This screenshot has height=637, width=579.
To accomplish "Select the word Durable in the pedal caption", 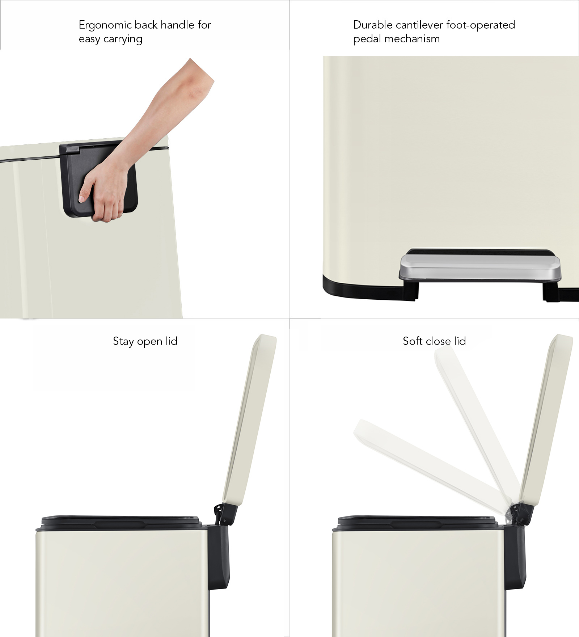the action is click(373, 25).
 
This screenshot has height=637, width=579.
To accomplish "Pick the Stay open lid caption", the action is click(145, 341).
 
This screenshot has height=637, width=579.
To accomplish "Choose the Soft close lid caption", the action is click(434, 341).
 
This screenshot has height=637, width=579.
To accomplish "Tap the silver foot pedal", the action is click(480, 267).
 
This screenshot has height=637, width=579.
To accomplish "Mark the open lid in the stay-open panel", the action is click(250, 420).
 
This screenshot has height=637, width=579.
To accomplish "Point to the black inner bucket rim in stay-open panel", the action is click(121, 521).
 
